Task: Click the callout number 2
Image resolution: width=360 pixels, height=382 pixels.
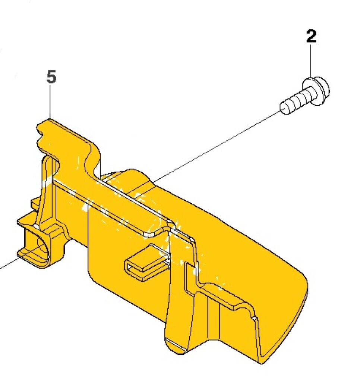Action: coord(311,37)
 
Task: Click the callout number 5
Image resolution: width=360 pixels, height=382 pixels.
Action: coord(52,78)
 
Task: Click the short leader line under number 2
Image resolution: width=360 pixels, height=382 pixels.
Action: coord(311,62)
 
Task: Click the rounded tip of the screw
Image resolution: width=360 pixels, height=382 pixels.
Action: coord(284,108)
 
